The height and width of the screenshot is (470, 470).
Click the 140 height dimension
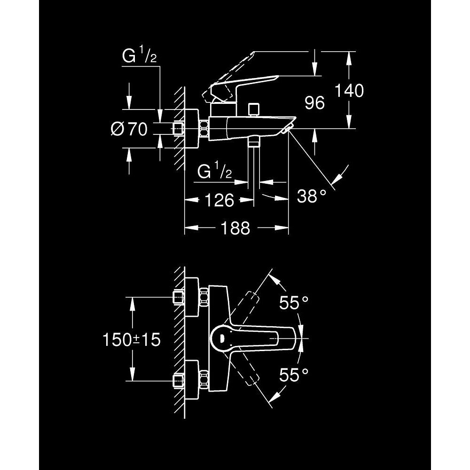[x=349, y=91]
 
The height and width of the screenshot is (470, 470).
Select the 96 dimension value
[x=314, y=103]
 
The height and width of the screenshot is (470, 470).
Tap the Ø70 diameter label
[x=129, y=129]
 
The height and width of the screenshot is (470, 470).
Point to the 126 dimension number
[x=219, y=200]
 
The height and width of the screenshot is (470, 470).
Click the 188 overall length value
[x=235, y=228]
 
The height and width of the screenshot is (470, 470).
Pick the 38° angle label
[x=312, y=196]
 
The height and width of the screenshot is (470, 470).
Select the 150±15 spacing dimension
[x=132, y=340]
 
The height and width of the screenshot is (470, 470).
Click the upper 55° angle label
[x=294, y=302]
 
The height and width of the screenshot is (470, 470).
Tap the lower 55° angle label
[x=294, y=375]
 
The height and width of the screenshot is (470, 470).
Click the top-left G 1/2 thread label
[x=140, y=56]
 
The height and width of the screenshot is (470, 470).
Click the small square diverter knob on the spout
[x=254, y=110]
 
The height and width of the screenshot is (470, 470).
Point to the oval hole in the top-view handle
[x=222, y=338]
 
